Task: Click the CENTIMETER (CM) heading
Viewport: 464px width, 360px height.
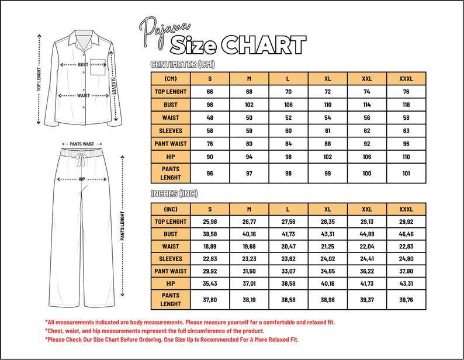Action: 182,64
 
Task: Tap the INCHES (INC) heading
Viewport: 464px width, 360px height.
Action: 182,194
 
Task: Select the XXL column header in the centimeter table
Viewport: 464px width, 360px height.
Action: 366,78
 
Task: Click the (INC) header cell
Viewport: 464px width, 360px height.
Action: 171,209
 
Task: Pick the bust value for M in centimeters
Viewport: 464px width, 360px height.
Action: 249,105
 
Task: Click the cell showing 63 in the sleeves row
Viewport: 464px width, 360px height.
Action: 406,131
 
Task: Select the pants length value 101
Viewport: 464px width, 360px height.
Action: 406,173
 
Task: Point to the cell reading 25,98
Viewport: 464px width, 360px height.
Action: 209,222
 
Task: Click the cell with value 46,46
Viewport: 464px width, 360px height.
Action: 406,234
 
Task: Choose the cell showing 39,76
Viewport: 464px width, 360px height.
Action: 406,299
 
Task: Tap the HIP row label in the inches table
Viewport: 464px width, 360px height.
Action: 171,283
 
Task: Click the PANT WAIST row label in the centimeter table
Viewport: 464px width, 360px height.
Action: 171,144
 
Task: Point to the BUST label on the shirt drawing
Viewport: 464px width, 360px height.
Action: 84,65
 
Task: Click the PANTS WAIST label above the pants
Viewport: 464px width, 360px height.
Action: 82,144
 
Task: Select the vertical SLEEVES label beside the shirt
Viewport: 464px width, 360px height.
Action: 113,87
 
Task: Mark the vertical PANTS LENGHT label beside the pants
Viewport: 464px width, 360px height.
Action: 123,228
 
